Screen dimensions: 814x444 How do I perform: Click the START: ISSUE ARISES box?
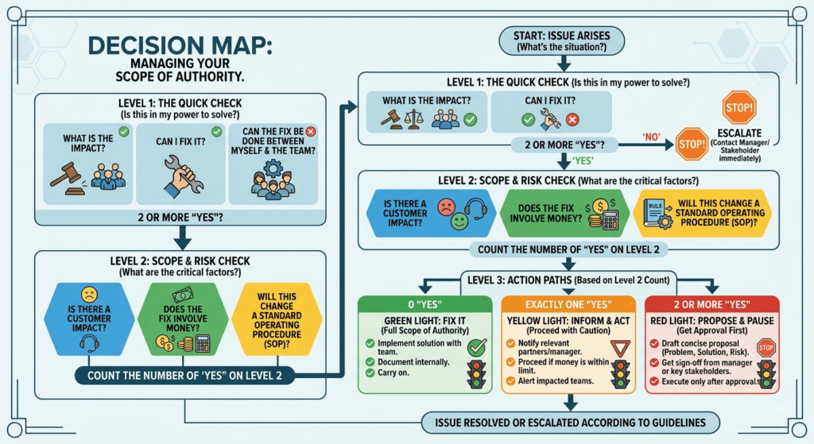(562, 41)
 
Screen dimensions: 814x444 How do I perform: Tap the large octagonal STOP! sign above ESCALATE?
(738, 108)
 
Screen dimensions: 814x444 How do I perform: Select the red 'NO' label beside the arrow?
(651, 137)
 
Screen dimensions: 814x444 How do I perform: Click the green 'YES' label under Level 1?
(583, 160)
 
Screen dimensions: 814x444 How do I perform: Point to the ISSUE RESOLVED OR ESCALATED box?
(570, 423)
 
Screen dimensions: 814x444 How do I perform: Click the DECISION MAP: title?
(180, 45)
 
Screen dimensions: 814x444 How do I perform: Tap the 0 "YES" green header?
(424, 304)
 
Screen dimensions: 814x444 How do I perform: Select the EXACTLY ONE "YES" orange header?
(568, 304)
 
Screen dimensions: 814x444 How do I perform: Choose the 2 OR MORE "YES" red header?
(711, 304)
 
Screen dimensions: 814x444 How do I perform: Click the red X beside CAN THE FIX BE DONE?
(311, 132)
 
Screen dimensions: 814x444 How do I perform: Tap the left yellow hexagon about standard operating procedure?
(277, 319)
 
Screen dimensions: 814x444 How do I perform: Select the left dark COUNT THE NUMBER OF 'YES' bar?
(184, 376)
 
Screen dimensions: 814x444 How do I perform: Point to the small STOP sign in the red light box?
(766, 348)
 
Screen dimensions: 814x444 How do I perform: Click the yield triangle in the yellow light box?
(620, 348)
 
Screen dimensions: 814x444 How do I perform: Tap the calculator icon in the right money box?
(610, 220)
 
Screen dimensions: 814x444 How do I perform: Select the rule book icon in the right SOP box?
(656, 213)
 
